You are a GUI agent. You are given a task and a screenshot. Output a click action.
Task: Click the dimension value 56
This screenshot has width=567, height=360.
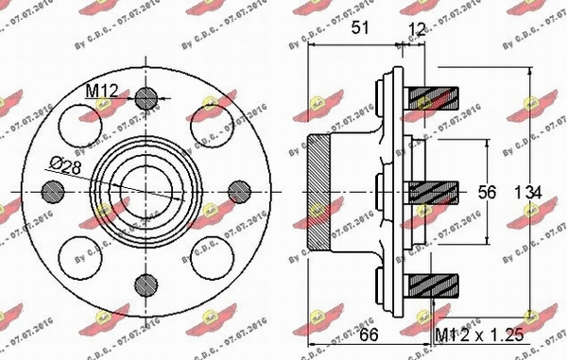click(x=488, y=193)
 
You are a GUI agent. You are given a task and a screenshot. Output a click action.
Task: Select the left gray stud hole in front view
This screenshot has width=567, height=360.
click(x=54, y=192)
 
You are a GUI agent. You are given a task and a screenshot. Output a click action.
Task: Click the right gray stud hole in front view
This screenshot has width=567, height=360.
click(x=236, y=192)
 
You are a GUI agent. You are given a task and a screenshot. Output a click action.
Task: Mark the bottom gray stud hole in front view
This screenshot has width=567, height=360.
click(x=144, y=283)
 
